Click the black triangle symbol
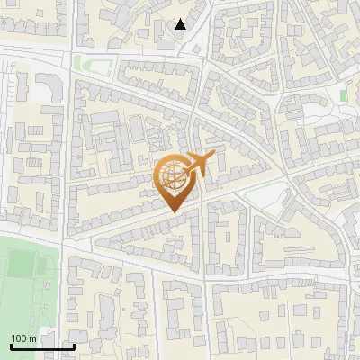tap(181, 24)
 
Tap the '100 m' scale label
tap(23, 338)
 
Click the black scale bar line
tap(42, 346)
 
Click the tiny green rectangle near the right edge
tap(344, 95)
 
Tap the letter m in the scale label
tap(33, 338)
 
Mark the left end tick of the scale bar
tap(11, 345)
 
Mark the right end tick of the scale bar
tap(74, 345)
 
